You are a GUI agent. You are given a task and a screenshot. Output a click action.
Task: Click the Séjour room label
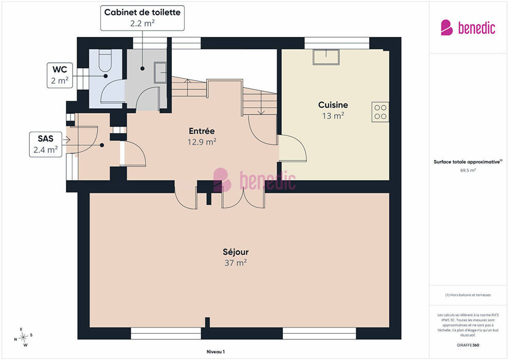tap(235, 252)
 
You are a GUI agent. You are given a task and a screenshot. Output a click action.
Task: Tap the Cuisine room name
tap(333, 105)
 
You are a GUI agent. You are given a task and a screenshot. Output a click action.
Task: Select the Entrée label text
tap(202, 131)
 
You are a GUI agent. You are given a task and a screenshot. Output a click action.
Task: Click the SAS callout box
tap(45, 145)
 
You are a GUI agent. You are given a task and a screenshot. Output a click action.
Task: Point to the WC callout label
tap(60, 75)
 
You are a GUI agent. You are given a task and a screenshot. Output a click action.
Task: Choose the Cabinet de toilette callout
tap(142, 18)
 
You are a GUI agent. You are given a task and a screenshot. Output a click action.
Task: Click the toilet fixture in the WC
tap(105, 60)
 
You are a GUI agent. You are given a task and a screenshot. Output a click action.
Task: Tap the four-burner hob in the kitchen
tap(380, 112)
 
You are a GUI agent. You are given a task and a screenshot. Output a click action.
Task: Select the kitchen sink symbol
tap(326, 57)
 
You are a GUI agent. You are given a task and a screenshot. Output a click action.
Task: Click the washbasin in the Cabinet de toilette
tap(160, 73)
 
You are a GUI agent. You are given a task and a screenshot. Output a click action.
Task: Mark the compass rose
tap(23, 337)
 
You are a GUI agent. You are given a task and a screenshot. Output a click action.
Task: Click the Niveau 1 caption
tap(215, 352)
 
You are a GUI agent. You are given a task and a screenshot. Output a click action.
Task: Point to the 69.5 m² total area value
tap(468, 170)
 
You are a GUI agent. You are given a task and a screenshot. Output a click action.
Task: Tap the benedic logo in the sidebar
tap(468, 28)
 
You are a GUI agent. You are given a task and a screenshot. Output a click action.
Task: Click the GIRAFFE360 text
tap(468, 345)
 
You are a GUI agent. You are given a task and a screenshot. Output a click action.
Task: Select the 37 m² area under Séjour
tap(235, 263)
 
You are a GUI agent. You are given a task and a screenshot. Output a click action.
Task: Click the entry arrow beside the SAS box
tap(66, 140)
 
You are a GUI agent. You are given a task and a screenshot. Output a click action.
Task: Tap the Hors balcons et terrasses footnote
tap(468, 295)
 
